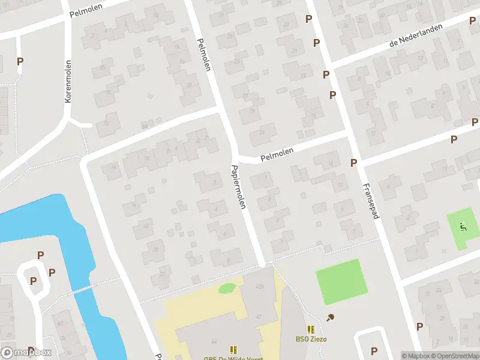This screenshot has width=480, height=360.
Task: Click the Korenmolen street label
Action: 68,81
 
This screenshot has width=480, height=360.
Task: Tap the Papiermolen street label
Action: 239,186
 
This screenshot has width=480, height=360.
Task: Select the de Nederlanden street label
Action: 416,35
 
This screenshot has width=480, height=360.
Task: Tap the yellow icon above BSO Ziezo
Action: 311,329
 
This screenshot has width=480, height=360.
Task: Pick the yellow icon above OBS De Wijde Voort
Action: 233,349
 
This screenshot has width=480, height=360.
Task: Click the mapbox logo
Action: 26,353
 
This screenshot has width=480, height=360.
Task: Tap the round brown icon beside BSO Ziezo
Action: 329,317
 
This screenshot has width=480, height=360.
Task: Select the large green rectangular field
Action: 341,281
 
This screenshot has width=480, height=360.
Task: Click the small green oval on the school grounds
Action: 227,289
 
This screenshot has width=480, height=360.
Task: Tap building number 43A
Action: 259,287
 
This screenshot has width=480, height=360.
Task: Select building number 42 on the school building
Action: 259,316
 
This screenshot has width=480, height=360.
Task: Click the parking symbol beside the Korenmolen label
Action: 20,61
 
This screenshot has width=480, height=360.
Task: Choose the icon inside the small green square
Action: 463,227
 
